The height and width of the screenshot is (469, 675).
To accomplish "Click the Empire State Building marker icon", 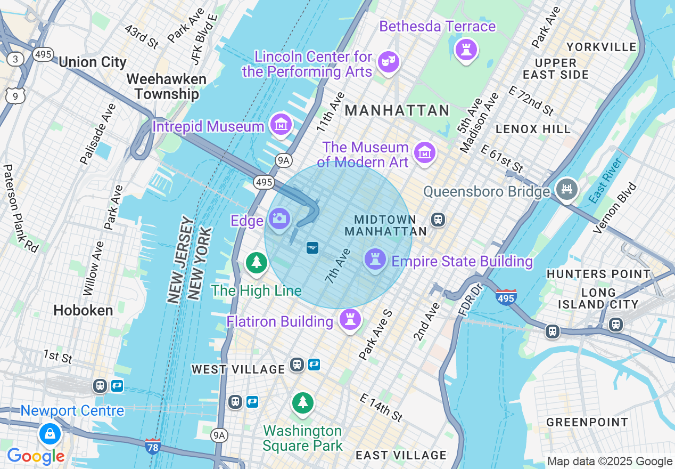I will (x=375, y=260).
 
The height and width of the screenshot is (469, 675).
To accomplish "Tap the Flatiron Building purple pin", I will (x=350, y=320).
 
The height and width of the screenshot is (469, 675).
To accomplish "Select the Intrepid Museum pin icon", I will (x=281, y=125).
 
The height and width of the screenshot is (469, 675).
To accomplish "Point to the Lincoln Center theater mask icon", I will (x=388, y=62).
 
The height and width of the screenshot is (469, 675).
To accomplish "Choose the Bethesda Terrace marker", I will (x=466, y=50).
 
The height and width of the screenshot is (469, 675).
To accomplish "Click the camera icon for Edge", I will (x=279, y=219).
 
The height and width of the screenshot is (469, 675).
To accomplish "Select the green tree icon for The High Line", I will (x=257, y=263).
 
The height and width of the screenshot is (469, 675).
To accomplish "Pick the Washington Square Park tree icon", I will (x=303, y=403).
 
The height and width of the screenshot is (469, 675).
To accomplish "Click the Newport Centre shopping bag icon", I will (x=50, y=434).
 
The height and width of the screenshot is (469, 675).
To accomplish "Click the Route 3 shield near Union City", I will (x=16, y=59).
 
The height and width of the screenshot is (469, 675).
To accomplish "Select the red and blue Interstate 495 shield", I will (x=505, y=297).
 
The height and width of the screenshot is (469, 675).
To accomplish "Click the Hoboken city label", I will (x=84, y=310).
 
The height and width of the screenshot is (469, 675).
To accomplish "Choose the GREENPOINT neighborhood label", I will (x=587, y=422).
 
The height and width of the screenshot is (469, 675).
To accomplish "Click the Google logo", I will (x=36, y=456).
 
